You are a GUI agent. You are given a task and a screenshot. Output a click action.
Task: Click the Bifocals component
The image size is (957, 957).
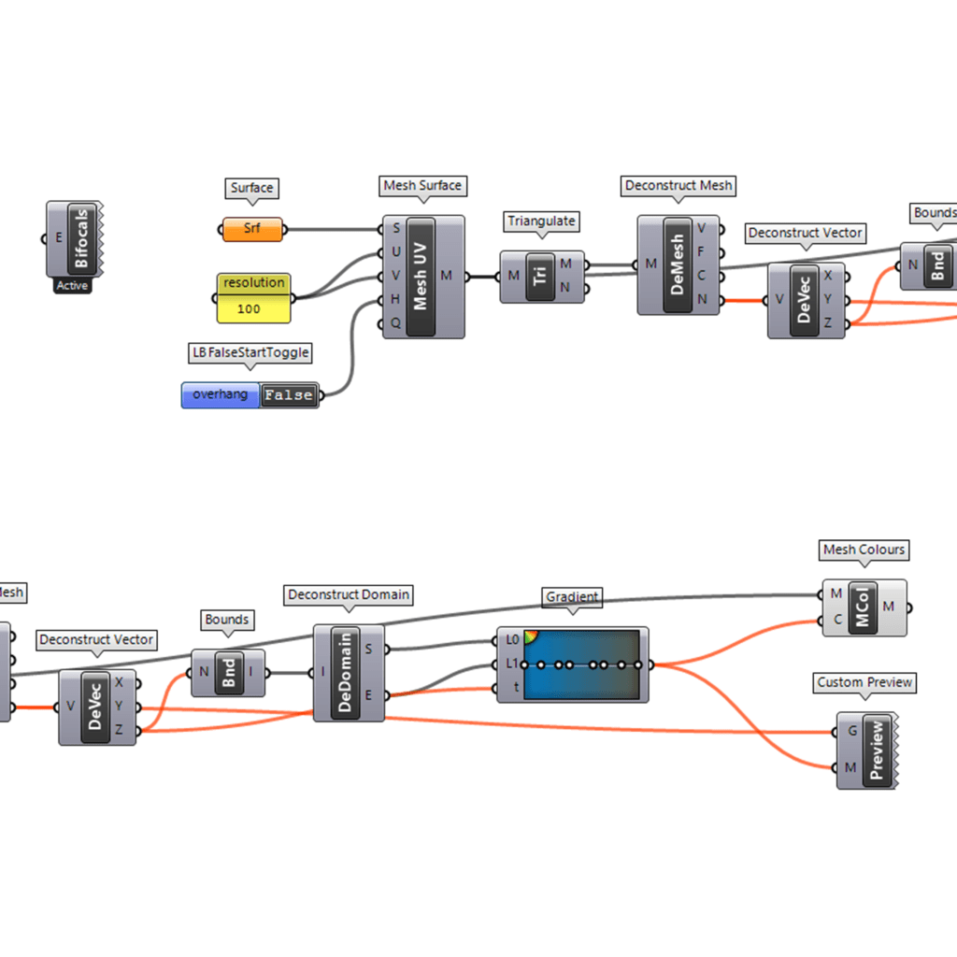pos(81,237)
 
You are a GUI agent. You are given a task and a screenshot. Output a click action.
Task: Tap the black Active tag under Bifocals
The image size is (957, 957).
pos(72,286)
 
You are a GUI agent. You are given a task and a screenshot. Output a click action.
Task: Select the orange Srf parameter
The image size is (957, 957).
pos(252,229)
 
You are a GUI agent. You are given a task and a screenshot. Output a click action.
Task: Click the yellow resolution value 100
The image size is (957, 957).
pos(249,307)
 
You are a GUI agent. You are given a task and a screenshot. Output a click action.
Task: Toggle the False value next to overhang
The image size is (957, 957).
pos(289,395)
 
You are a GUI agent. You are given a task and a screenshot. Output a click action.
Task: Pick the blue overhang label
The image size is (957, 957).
pos(221,394)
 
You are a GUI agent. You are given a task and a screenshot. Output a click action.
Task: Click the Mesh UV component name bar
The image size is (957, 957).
pos(421,277)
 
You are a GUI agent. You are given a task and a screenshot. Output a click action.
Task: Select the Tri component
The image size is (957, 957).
pos(540,276)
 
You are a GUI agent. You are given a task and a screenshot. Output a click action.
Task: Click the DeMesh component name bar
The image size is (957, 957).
pos(678,264)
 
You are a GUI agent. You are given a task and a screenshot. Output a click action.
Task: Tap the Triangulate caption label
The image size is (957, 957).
pos(542,221)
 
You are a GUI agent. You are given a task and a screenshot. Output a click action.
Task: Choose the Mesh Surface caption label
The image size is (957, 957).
pos(422,186)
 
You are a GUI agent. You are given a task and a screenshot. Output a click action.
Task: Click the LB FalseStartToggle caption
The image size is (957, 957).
pos(250,352)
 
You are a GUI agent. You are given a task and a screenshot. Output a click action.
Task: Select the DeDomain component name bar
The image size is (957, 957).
pos(345,673)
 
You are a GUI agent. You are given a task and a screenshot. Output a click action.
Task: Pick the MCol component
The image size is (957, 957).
pos(864,607)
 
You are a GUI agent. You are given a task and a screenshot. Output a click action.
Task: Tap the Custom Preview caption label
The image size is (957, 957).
pos(864,683)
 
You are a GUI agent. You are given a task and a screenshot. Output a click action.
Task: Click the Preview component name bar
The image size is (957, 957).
pos(877,750)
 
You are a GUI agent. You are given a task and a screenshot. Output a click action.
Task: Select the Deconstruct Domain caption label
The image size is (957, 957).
pos(349,595)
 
